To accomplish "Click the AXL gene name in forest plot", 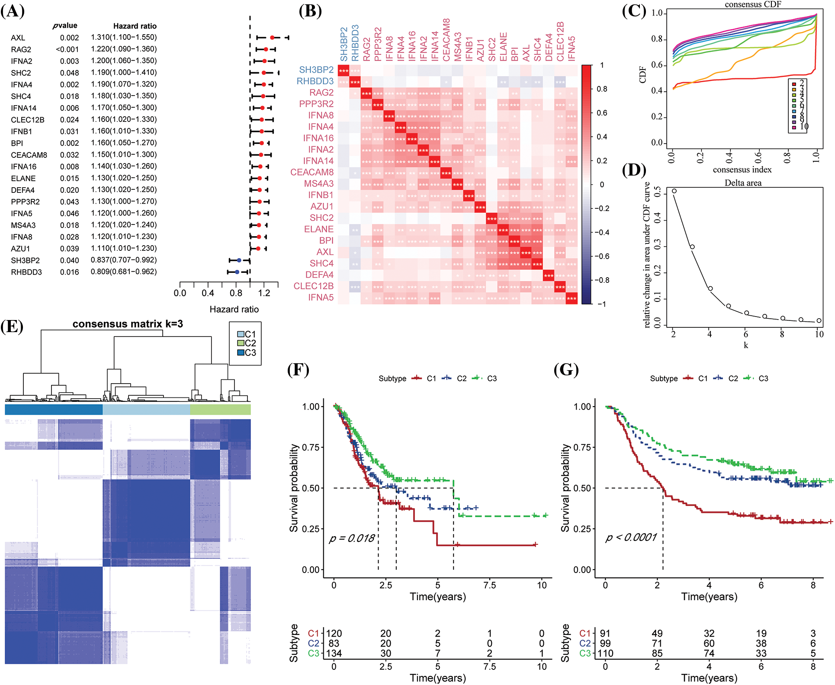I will [x=18, y=38].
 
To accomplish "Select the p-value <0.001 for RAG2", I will [x=67, y=49].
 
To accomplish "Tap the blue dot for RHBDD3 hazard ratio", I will [x=237, y=272].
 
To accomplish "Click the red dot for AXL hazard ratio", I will [x=272, y=38].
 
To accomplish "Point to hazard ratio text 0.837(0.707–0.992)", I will [x=123, y=260].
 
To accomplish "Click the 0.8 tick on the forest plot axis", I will [x=236, y=293].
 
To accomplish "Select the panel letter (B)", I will [x=310, y=11].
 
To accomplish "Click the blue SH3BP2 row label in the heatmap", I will [x=316, y=70].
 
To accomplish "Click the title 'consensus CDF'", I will [x=753, y=4].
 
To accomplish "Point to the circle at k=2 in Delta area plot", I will [x=674, y=191].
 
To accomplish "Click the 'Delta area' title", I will [x=743, y=183].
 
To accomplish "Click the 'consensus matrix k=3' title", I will [x=128, y=324].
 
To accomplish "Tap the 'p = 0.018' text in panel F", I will [x=352, y=538].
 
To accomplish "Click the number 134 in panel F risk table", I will [x=334, y=653].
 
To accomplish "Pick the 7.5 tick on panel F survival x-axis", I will [x=490, y=586].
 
